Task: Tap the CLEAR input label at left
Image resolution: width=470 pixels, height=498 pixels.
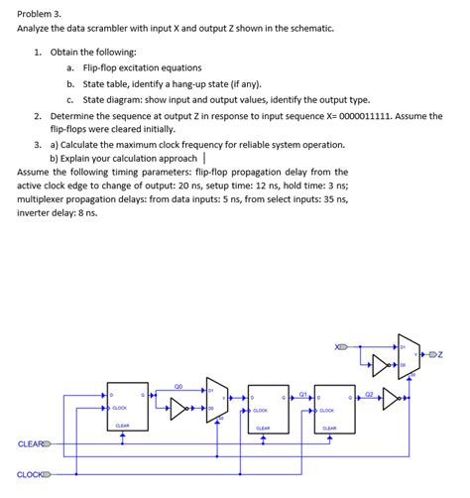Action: point(29,443)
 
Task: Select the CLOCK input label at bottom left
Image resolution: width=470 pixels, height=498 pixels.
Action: point(30,474)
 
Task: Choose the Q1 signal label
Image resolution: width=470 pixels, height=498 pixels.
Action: point(302,393)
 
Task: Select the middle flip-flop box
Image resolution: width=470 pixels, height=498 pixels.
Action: point(263,409)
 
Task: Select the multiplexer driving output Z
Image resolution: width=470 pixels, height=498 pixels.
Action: point(408,354)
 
